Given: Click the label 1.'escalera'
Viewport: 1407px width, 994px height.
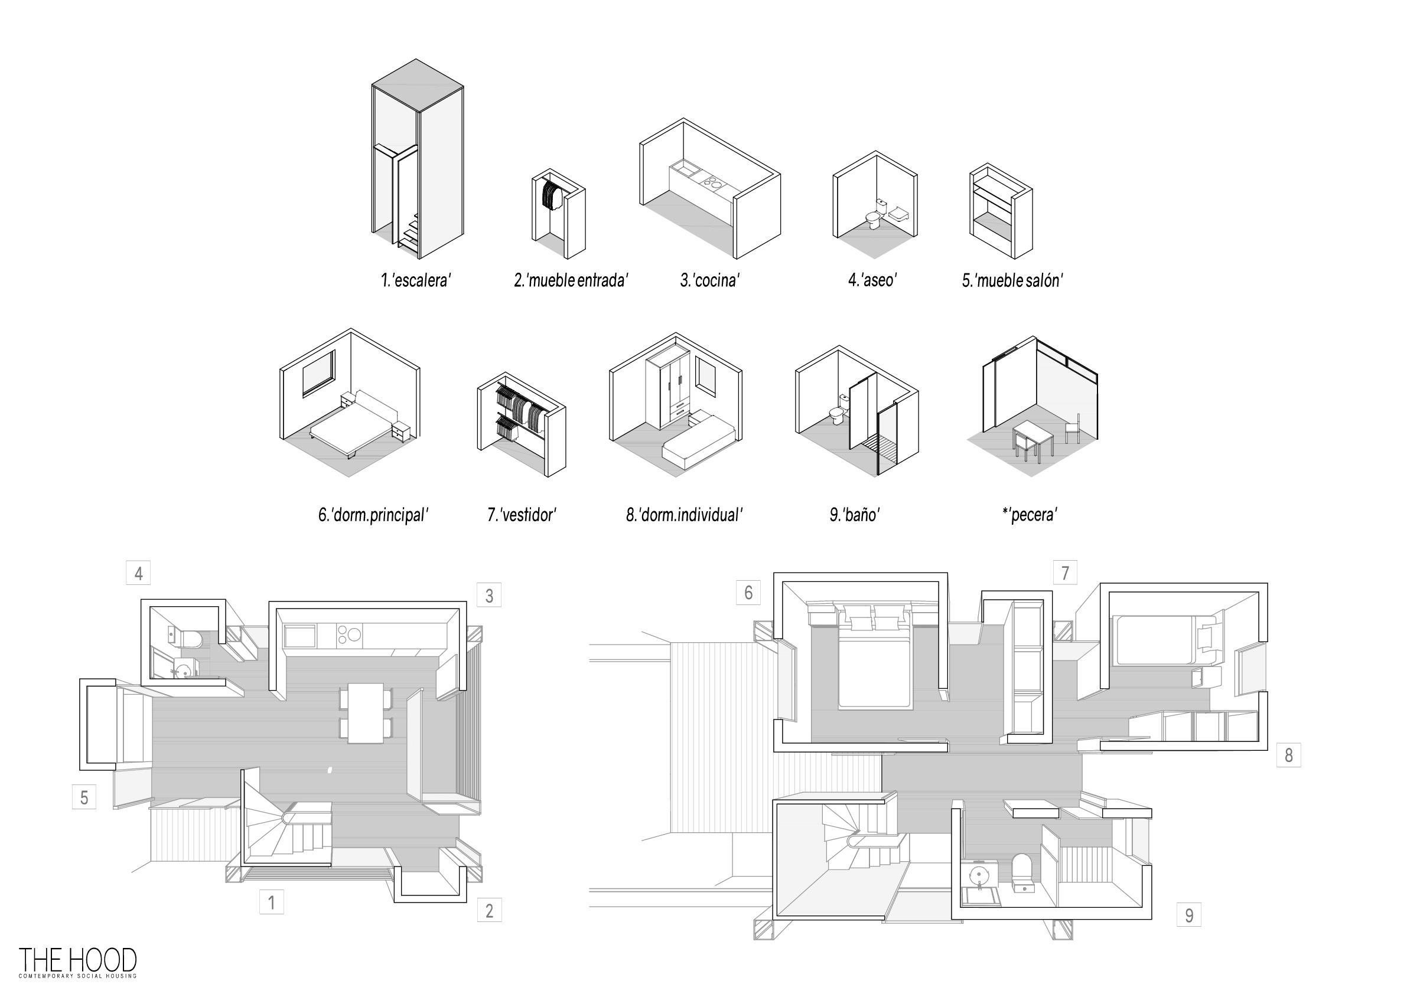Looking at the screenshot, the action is [x=415, y=280].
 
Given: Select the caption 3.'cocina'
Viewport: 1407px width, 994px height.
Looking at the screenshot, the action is [x=709, y=280].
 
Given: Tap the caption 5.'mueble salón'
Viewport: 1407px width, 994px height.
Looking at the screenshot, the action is [x=1012, y=280].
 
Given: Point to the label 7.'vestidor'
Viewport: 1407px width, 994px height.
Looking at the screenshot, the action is [x=522, y=515].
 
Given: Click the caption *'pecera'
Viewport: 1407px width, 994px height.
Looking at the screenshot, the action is [x=1030, y=515].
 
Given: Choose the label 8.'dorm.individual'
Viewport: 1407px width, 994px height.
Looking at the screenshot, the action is [x=684, y=515].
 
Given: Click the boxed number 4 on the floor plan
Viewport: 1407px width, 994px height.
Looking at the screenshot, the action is [x=138, y=573].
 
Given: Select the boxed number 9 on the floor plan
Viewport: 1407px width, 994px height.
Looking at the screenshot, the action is [x=1189, y=915].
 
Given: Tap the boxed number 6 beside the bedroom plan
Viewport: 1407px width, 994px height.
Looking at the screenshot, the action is [x=748, y=592].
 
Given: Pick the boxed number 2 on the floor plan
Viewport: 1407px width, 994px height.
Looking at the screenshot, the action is [x=489, y=911].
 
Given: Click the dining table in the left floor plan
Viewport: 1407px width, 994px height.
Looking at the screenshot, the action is [x=366, y=713].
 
